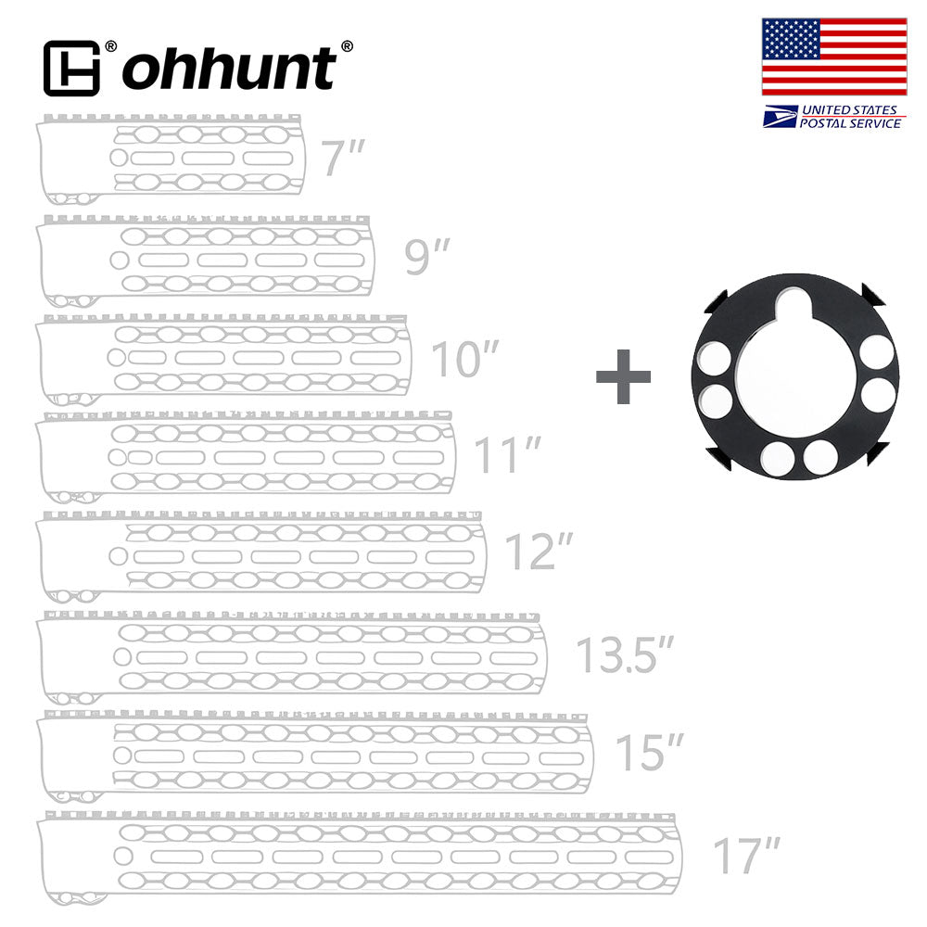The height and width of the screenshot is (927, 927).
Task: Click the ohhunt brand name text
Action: tap(229, 69)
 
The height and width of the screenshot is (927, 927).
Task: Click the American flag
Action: tap(833, 57)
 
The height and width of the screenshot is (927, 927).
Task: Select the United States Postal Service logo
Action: tap(833, 117)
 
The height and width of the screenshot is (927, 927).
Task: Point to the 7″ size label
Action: tap(340, 159)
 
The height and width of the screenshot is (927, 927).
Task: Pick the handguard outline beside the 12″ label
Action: tap(260, 555)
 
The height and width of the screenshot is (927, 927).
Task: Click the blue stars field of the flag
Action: tap(791, 40)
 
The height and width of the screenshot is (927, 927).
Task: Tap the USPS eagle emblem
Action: tap(780, 117)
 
